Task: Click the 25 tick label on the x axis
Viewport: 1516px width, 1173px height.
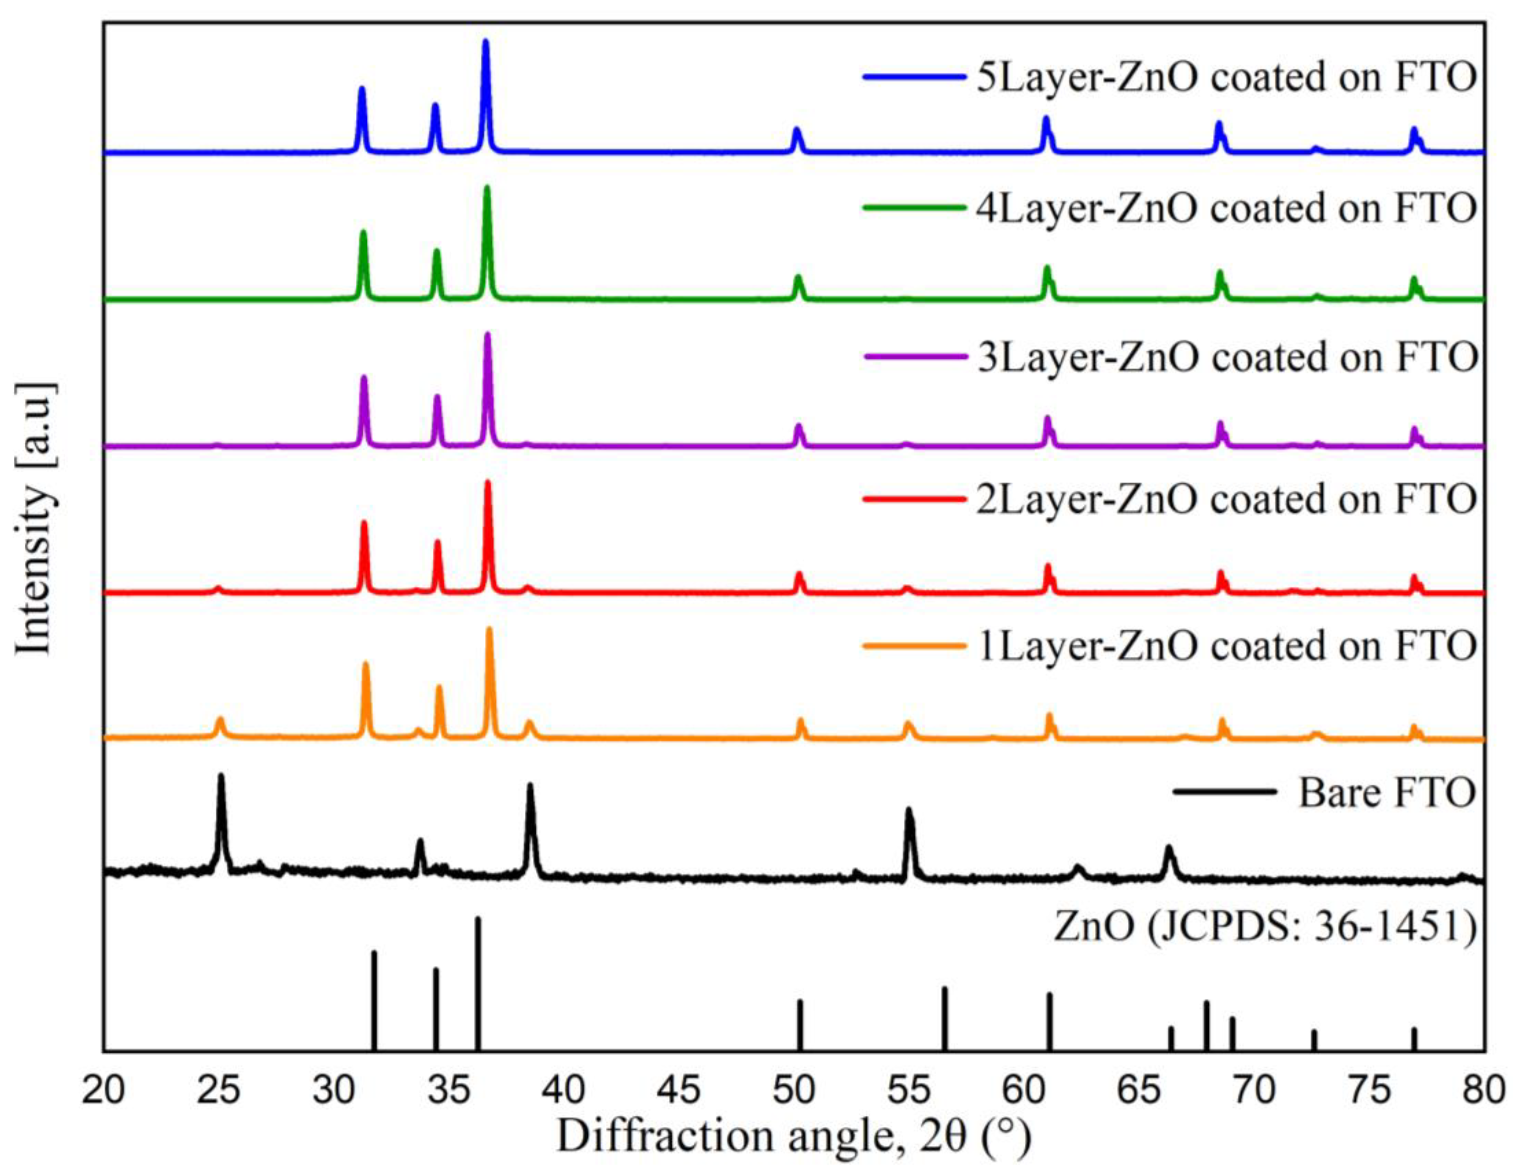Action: pos(219,1091)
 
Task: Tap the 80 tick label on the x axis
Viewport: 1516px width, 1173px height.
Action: pos(1484,1091)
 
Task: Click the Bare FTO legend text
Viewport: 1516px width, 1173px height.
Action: pos(1386,792)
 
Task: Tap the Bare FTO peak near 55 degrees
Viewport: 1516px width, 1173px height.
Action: pos(908,810)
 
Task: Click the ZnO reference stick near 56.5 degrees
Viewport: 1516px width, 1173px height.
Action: pos(945,989)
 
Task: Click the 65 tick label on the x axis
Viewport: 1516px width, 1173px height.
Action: pos(1139,1091)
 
